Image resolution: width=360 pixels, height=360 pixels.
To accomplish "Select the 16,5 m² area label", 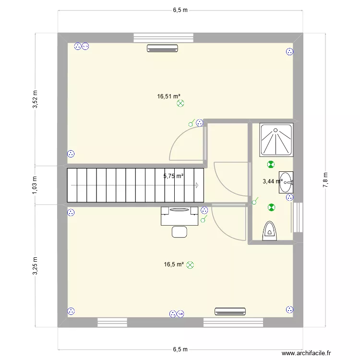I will (x=174, y=264).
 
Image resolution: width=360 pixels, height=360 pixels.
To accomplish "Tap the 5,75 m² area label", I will (x=173, y=176).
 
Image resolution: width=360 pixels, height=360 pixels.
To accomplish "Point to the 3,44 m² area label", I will (x=272, y=181).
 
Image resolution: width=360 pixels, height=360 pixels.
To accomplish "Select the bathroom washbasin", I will (x=287, y=182).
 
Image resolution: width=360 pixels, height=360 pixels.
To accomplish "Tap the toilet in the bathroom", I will (x=270, y=230).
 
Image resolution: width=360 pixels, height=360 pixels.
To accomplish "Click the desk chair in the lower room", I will (x=180, y=232).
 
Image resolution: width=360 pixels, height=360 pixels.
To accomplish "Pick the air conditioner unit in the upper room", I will (x=162, y=48).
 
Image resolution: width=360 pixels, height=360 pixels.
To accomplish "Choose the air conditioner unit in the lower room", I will (x=230, y=312).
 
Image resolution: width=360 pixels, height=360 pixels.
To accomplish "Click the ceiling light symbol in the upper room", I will (x=180, y=103).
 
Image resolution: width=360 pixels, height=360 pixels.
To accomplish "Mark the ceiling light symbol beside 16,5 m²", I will (x=190, y=264).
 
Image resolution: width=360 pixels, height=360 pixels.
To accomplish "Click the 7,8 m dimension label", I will (x=325, y=180).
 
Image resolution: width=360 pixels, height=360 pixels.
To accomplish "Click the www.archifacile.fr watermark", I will (x=306, y=353).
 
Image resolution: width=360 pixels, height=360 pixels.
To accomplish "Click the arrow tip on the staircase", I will (x=198, y=185).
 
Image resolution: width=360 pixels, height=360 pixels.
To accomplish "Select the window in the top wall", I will (x=164, y=37).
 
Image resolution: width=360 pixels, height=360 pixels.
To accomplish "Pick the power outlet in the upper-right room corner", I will (x=289, y=52).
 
